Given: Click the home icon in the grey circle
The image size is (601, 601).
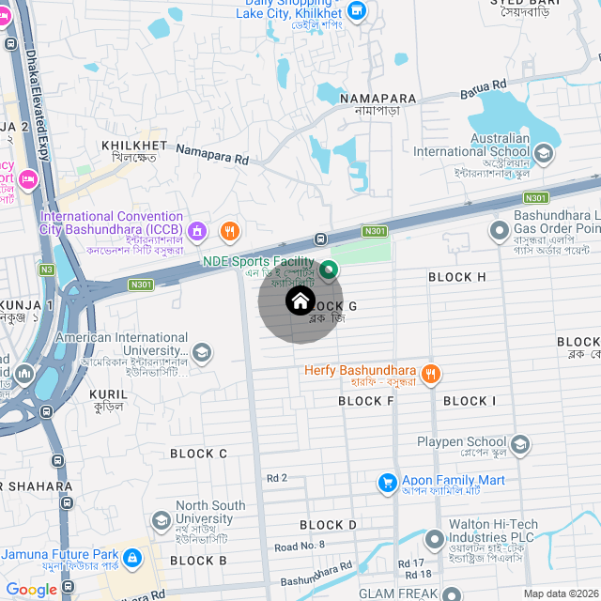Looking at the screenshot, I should (x=300, y=300).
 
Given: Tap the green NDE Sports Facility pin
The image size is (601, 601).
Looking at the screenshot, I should (x=329, y=271).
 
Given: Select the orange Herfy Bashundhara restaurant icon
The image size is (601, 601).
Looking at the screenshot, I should (x=431, y=373).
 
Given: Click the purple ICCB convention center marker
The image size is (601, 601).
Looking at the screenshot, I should (x=197, y=230).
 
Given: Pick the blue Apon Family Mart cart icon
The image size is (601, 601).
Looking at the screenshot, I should (x=386, y=482).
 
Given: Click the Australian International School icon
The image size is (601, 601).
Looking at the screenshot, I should (x=543, y=152).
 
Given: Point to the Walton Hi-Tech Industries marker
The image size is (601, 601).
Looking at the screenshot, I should (x=434, y=540).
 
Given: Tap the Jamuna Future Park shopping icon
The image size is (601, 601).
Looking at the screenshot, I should (x=132, y=558).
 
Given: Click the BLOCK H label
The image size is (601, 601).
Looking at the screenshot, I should (x=456, y=277).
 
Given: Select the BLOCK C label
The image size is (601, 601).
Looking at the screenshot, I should (x=198, y=454).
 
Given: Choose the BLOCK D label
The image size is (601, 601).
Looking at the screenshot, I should (x=328, y=524).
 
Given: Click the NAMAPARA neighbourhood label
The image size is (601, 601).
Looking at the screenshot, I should (x=378, y=99).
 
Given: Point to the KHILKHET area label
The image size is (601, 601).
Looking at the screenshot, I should (x=133, y=146).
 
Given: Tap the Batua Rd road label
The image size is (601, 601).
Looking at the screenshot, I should (x=483, y=89).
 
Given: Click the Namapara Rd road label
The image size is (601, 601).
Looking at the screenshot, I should (x=211, y=155).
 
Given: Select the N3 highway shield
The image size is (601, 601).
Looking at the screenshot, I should (x=47, y=269).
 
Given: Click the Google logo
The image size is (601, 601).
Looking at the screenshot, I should (x=31, y=590).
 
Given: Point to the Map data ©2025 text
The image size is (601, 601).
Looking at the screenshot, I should (x=560, y=593).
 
